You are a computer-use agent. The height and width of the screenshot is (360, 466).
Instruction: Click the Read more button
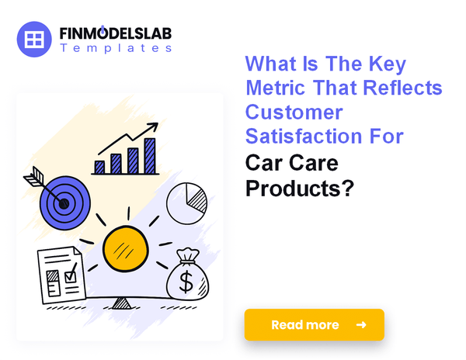point(314,325)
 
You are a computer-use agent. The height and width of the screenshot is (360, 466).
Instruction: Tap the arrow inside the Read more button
point(360,325)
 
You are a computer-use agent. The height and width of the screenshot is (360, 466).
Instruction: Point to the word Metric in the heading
point(276,88)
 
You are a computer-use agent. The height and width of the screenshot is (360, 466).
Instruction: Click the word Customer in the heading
point(294,112)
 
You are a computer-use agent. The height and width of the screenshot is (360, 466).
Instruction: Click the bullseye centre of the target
point(64,204)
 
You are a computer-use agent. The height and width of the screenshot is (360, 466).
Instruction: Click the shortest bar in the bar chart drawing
point(99,166)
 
